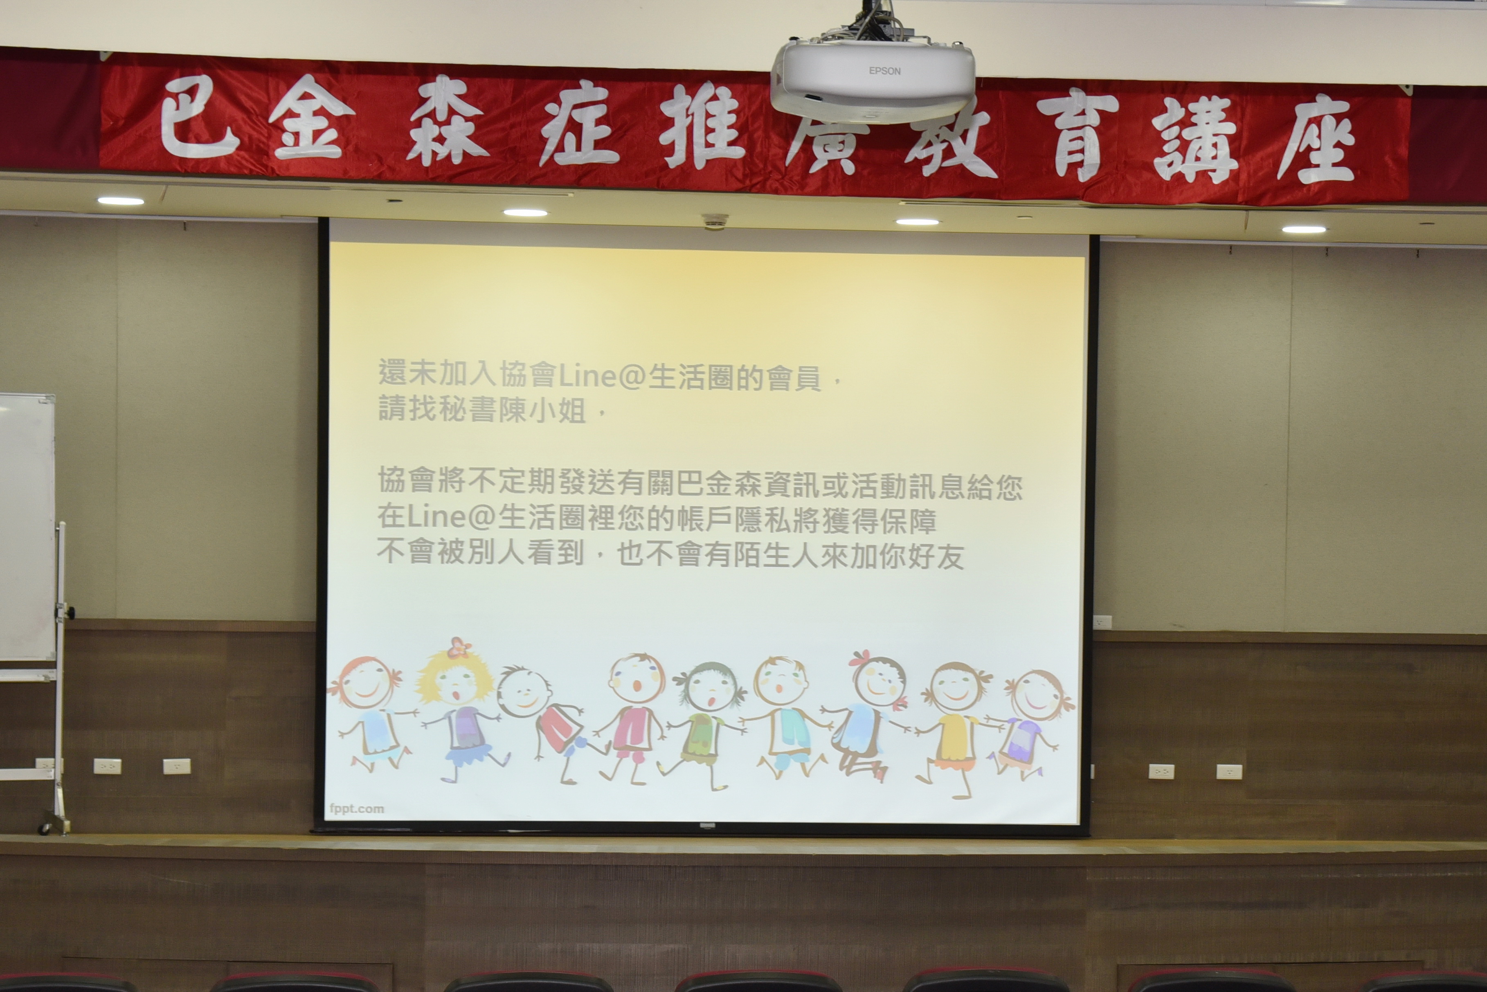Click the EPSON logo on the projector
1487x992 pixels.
pyautogui.click(x=884, y=71)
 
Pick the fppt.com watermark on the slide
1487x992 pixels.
pyautogui.click(x=356, y=808)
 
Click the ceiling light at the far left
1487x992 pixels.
pyautogui.click(x=120, y=201)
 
